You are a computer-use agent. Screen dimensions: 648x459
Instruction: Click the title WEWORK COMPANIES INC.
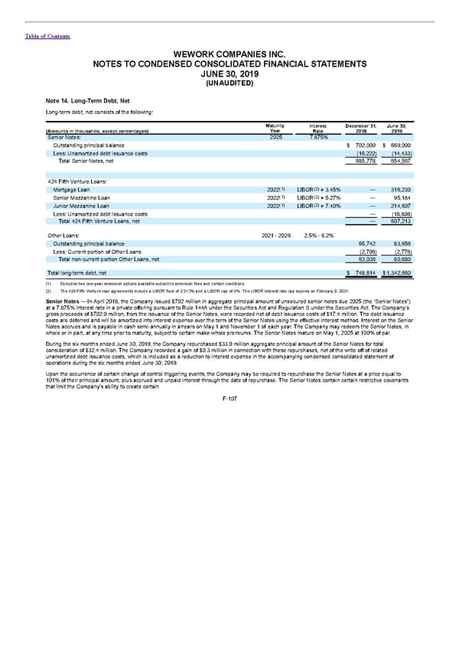point(229,54)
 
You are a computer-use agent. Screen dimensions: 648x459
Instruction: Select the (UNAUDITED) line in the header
point(229,83)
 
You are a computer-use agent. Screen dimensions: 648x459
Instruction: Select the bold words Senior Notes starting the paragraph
point(65,300)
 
